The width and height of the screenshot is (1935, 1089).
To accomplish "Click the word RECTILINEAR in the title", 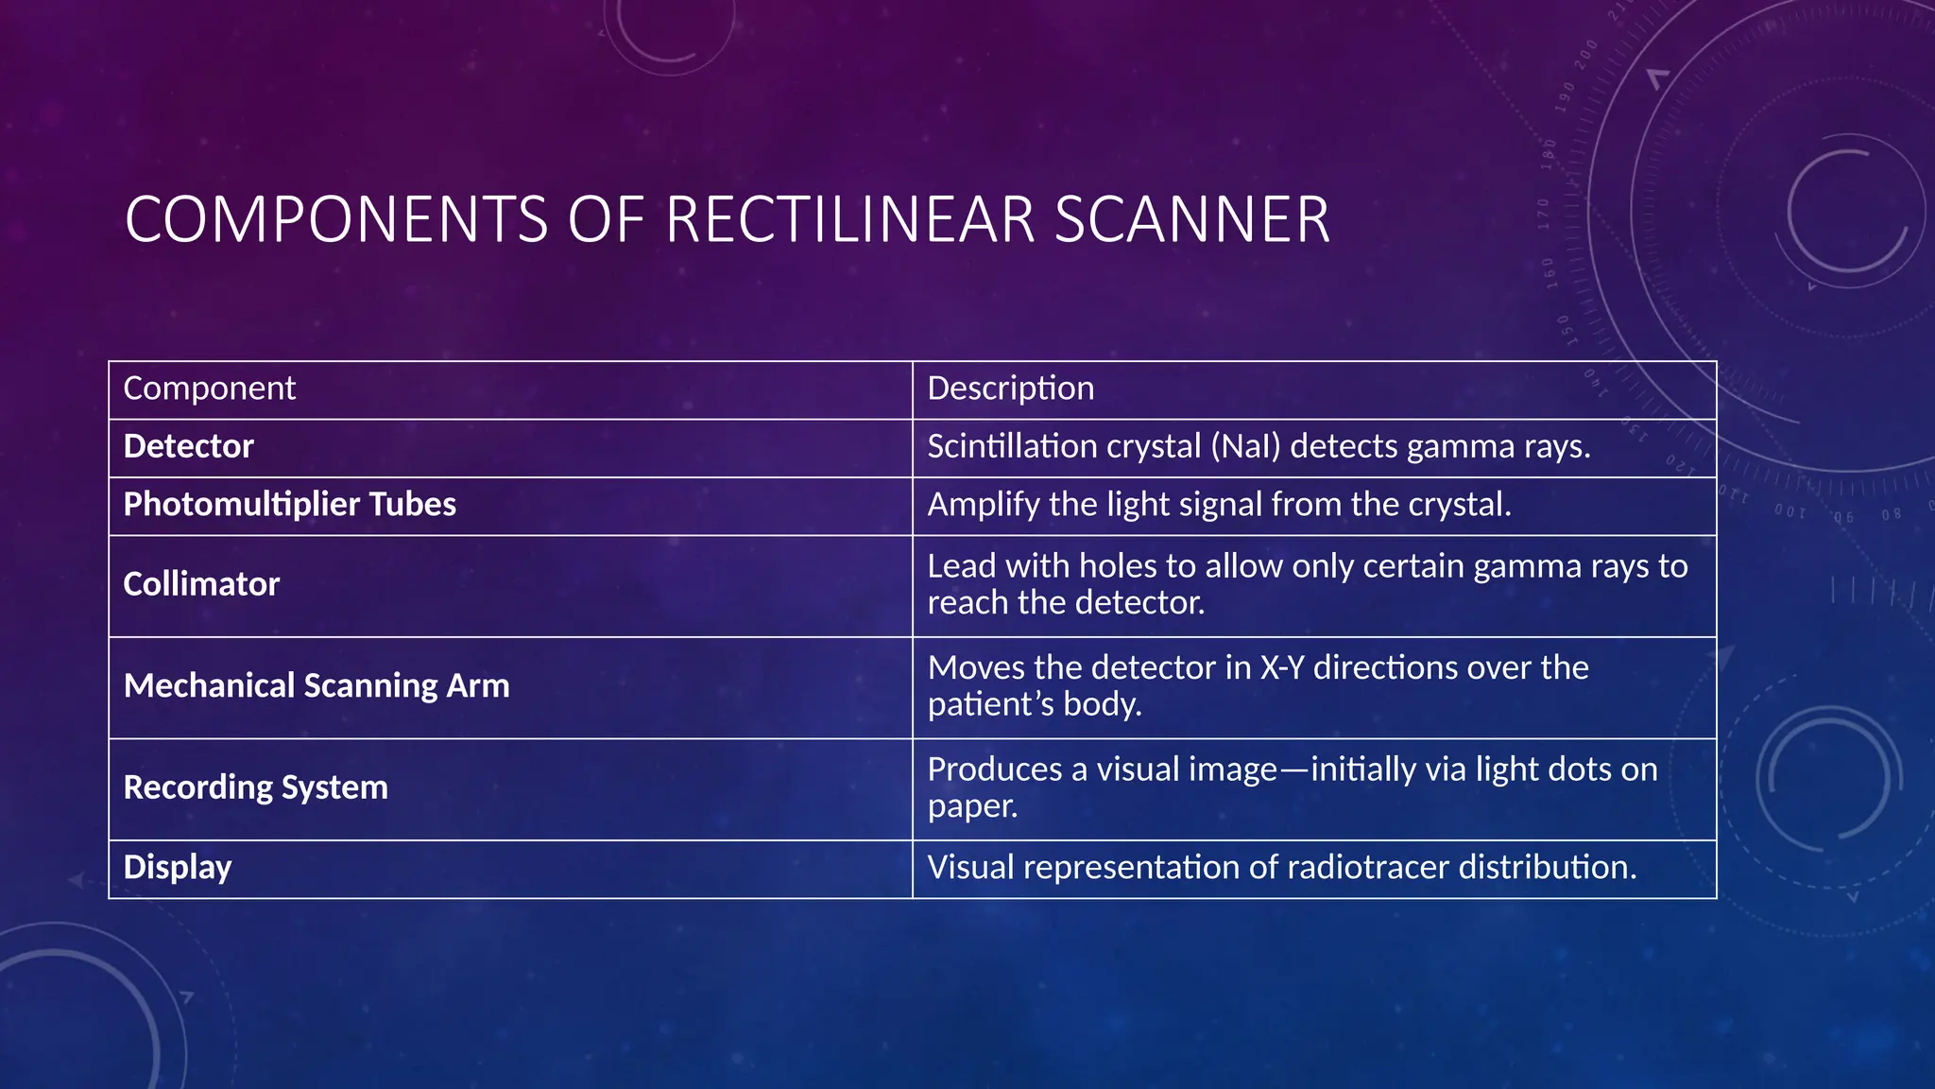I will click(x=849, y=219).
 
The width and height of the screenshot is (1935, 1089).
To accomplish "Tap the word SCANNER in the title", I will click(x=1191, y=219).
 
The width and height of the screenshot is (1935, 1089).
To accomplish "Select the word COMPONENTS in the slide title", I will click(x=335, y=219).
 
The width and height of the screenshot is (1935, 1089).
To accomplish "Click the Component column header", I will click(x=209, y=389).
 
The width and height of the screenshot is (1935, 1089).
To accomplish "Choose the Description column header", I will click(x=1010, y=389).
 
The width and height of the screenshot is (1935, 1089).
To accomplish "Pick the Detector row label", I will click(x=188, y=446).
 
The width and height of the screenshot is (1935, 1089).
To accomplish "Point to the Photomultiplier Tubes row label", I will click(x=289, y=504).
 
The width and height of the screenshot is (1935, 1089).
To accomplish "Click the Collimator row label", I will click(x=201, y=584).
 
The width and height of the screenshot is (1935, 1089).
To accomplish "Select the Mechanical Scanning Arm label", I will click(x=317, y=685).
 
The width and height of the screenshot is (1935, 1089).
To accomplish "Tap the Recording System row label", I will click(x=255, y=787).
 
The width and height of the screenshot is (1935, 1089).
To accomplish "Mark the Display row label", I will click(x=178, y=867).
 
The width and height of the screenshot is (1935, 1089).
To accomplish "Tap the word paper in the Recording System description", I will click(x=971, y=806).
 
